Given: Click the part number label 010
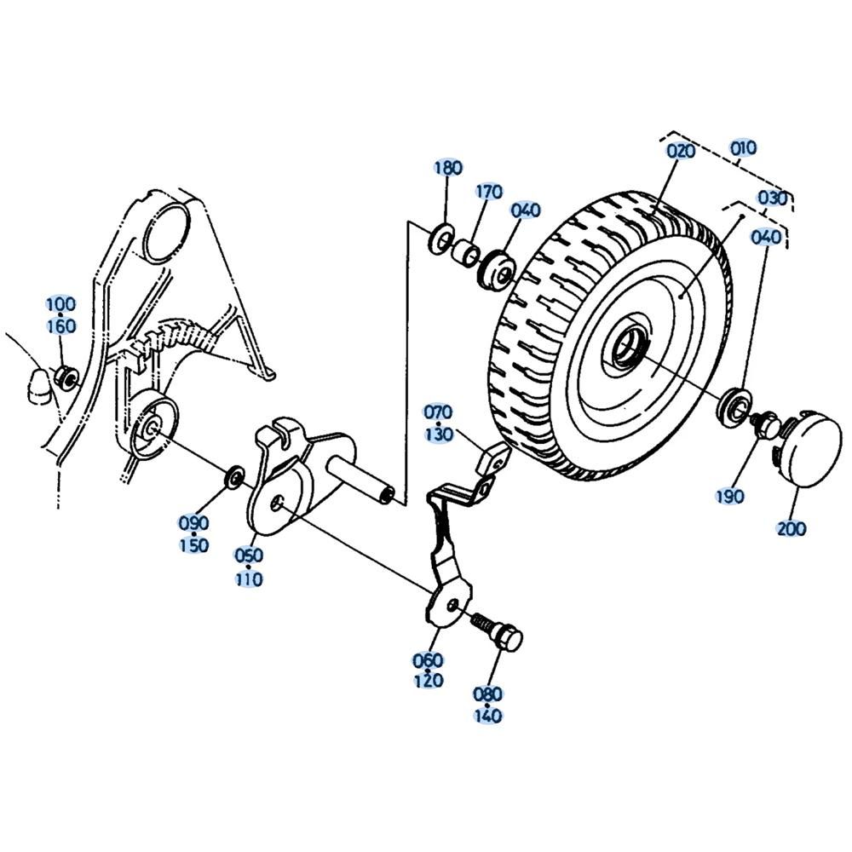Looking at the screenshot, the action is pyautogui.click(x=743, y=147).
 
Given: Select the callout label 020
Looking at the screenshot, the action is pyautogui.click(x=681, y=151).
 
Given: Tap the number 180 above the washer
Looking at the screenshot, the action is pyautogui.click(x=448, y=168).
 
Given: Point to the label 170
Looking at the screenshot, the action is pyautogui.click(x=490, y=192).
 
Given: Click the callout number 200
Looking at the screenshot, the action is pyautogui.click(x=792, y=528).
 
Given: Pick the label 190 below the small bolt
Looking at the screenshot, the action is pyautogui.click(x=729, y=496).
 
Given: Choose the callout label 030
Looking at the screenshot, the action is pyautogui.click(x=772, y=199).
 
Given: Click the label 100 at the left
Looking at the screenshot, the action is pyautogui.click(x=61, y=304).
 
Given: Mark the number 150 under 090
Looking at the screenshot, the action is pyautogui.click(x=194, y=545).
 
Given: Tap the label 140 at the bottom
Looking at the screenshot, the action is pyautogui.click(x=487, y=715).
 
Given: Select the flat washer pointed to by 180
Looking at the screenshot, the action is pyautogui.click(x=440, y=239).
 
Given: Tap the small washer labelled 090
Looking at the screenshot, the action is pyautogui.click(x=235, y=476).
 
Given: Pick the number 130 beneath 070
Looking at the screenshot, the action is pyautogui.click(x=439, y=435).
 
